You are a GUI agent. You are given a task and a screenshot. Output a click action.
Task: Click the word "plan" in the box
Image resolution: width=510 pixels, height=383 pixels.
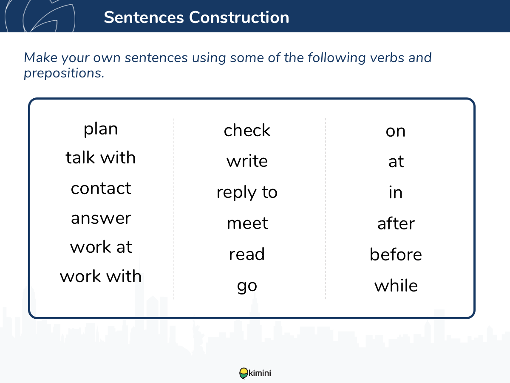tap(101, 129)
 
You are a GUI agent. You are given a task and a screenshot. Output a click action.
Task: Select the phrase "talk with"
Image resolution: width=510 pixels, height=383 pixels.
tap(101, 157)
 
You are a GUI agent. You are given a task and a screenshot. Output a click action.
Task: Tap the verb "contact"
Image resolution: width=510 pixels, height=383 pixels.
tap(101, 188)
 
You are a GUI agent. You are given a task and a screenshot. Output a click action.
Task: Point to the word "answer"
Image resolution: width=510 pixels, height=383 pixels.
tap(101, 218)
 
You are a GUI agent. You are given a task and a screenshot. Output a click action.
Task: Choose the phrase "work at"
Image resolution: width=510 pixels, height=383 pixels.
tap(101, 246)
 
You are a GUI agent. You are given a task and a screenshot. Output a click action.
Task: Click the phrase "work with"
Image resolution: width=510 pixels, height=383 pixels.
tap(101, 276)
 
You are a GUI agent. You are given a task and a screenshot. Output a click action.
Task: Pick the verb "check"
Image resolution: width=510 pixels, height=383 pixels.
tap(247, 130)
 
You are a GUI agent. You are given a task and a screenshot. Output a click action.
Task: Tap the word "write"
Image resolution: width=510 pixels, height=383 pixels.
tap(247, 161)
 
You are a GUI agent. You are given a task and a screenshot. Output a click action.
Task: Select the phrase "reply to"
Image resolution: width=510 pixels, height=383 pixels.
tap(247, 193)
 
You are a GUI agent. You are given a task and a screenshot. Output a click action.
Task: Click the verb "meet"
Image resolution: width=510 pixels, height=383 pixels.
tap(247, 223)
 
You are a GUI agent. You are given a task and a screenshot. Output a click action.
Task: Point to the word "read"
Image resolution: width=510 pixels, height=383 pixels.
tap(247, 254)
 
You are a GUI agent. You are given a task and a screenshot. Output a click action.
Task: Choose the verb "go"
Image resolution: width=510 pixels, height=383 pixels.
tap(247, 286)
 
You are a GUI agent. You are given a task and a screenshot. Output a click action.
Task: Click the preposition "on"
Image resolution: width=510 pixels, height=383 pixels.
tap(395, 131)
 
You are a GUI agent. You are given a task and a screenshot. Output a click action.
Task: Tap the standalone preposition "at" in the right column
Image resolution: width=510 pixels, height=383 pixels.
tap(396, 161)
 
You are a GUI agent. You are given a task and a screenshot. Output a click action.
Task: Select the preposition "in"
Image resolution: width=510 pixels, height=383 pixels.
tap(395, 192)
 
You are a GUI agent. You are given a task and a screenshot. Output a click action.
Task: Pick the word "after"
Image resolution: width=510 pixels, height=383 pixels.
tap(396, 223)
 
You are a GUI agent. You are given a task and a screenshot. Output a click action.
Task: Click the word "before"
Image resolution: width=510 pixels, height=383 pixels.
tap(396, 254)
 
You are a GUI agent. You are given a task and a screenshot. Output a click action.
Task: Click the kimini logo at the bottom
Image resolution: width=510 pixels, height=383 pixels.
tap(255, 373)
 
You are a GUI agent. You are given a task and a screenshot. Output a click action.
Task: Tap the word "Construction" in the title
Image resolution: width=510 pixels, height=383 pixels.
tap(239, 17)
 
